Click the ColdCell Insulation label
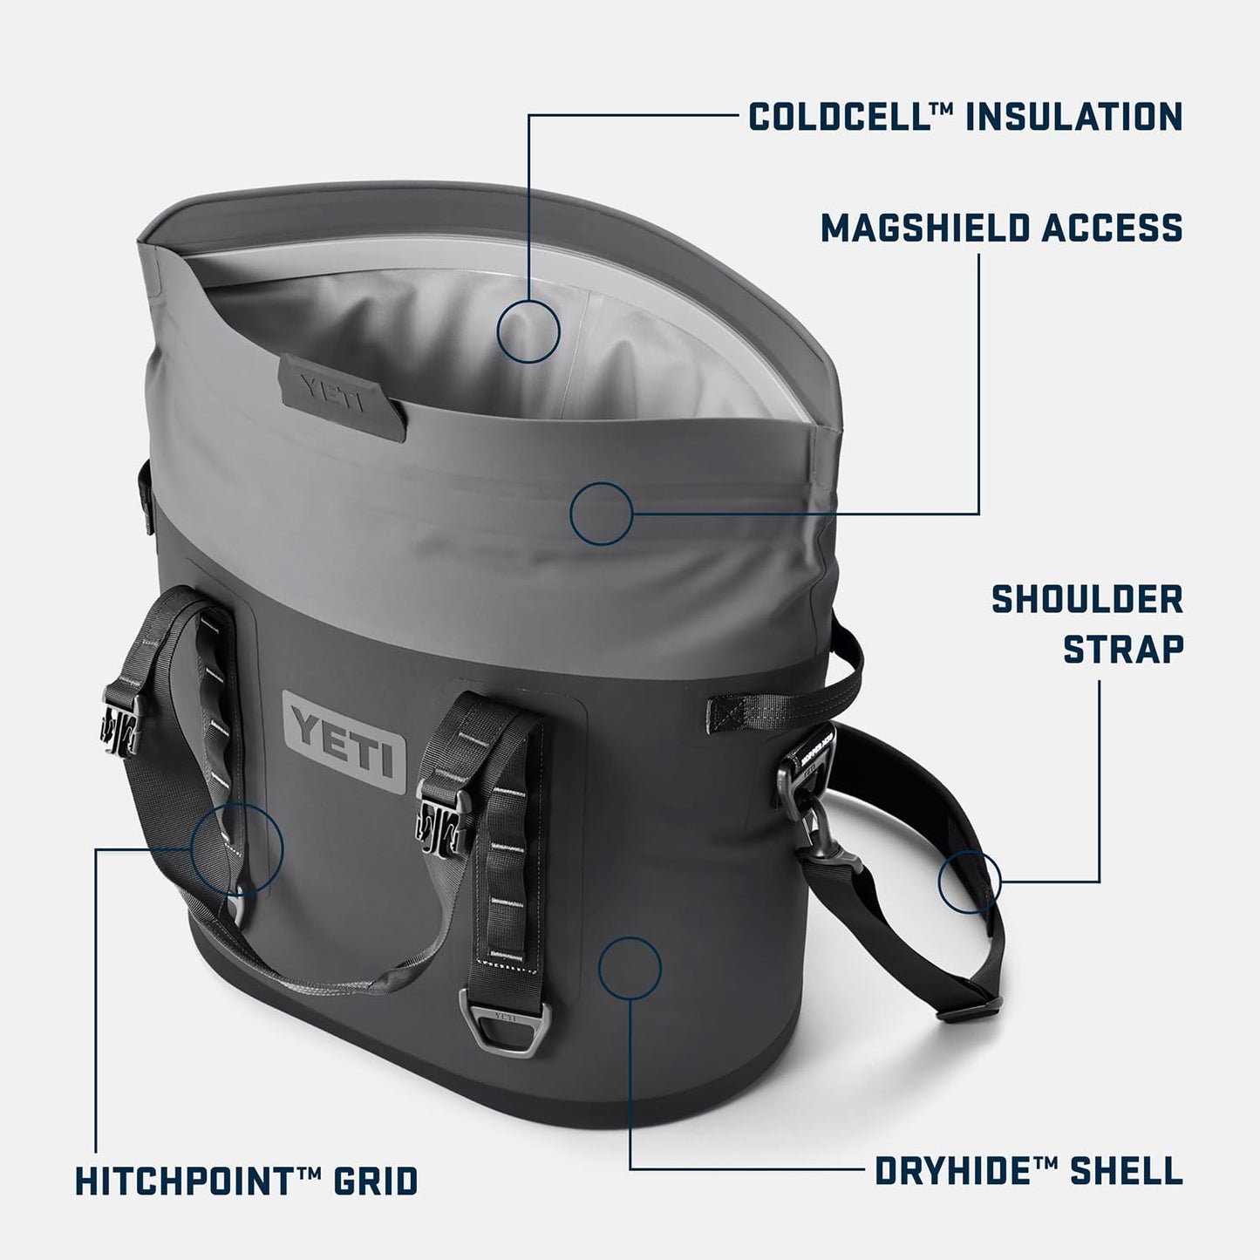pyautogui.click(x=965, y=116)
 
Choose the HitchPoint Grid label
pyautogui.click(x=247, y=1182)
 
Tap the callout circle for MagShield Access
pyautogui.click(x=601, y=514)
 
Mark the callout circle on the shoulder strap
pyautogui.click(x=969, y=882)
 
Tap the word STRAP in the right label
pyautogui.click(x=1123, y=649)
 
